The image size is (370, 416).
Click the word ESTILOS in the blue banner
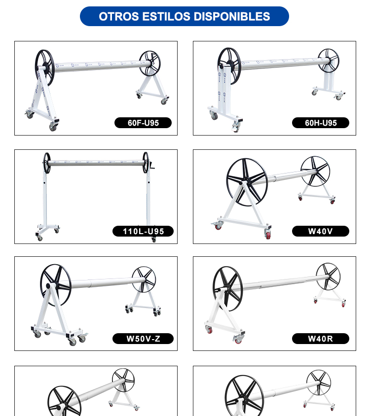pyautogui.click(x=166, y=16)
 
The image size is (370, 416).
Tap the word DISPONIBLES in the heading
pyautogui.click(x=232, y=16)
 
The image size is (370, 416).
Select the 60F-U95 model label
pyautogui.click(x=143, y=123)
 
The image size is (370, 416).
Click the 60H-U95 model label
pyautogui.click(x=321, y=123)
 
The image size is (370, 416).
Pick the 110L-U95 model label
pyautogui.click(x=143, y=231)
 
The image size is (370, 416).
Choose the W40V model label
pyautogui.click(x=321, y=231)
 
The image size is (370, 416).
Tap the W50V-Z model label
pyautogui.click(x=143, y=339)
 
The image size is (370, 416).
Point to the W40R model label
pyautogui.click(x=321, y=339)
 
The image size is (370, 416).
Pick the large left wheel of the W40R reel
pyautogui.click(x=214, y=288)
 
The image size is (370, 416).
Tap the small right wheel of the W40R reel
pyautogui.click(x=317, y=276)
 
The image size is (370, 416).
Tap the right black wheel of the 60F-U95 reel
pyautogui.click(x=141, y=63)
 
